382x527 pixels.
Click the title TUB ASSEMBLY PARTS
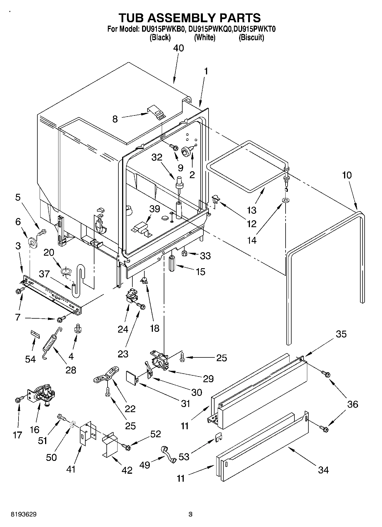point(189,18)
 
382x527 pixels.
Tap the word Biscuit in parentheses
point(251,37)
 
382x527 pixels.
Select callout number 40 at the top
point(179,48)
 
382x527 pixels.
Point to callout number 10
point(347,175)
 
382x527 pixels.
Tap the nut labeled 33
point(184,253)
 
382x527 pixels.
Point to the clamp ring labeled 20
point(66,271)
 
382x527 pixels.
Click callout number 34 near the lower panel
point(323,470)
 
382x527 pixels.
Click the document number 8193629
point(23,514)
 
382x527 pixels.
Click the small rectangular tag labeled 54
point(35,333)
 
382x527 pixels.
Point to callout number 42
point(127,470)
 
